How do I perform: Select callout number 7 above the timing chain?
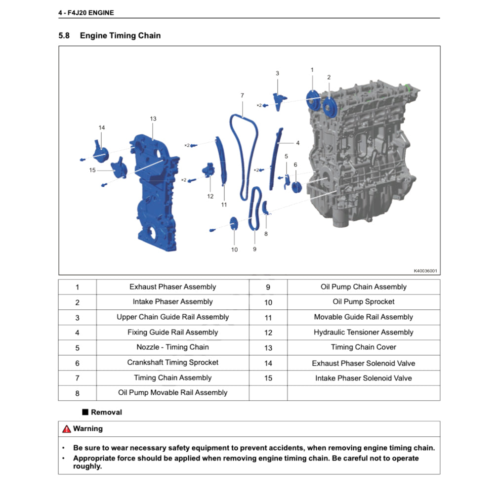coord(242,95)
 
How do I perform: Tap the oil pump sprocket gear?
coord(234,223)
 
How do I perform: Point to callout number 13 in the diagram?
coord(153,119)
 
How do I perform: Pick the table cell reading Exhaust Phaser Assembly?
coord(172,287)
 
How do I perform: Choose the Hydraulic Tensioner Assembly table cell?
coord(363,333)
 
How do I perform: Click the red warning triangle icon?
coord(67,429)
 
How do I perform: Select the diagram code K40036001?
coord(425,271)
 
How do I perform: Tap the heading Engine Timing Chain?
coord(120,36)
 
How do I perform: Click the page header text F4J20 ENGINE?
coord(89,13)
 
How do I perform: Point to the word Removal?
coord(106,412)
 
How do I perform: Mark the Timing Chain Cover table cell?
coord(363,347)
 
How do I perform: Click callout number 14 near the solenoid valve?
coord(102,127)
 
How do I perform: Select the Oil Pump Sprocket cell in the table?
coord(363,302)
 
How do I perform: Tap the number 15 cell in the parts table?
coord(268,378)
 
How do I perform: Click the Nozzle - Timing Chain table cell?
coord(172,347)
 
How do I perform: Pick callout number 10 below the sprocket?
coord(234,250)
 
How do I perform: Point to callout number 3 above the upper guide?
coord(277,73)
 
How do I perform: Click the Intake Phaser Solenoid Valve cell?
coord(363,378)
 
